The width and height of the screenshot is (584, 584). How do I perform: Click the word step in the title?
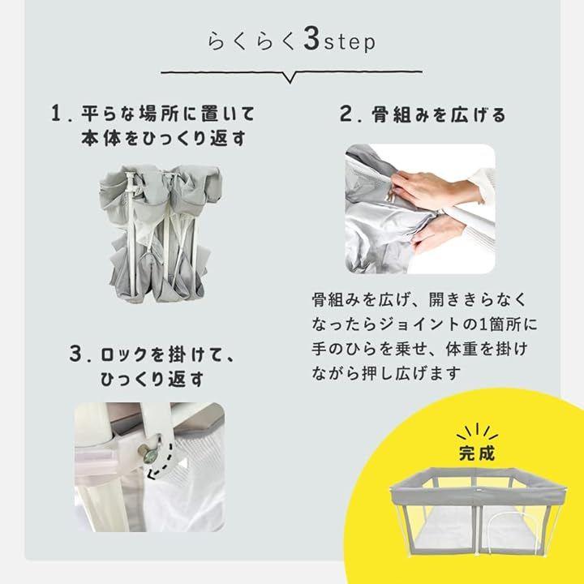click(x=350, y=41)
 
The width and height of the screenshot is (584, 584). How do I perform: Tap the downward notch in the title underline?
click(x=290, y=77)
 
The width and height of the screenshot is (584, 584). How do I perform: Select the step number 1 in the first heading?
click(x=56, y=113)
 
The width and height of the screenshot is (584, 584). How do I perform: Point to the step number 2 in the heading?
click(x=346, y=114)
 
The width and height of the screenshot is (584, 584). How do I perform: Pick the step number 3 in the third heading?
click(x=75, y=353)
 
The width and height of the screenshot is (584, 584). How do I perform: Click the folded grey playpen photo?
click(x=160, y=233)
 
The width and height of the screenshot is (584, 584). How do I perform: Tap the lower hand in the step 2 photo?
click(x=438, y=233)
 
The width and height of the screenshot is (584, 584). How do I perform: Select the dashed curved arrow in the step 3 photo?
click(x=161, y=462)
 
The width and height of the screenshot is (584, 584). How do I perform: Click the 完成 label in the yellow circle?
click(x=477, y=453)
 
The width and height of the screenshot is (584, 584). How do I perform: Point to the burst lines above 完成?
click(x=477, y=432)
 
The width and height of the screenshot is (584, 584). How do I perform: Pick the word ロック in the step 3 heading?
click(x=125, y=354)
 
